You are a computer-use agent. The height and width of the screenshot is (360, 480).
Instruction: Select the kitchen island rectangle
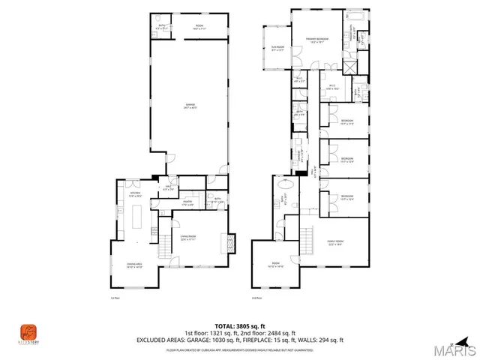click(137, 217)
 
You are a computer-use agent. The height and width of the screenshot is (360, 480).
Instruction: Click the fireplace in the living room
click(232, 244)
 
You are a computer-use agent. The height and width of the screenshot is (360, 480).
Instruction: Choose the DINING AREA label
click(134, 265)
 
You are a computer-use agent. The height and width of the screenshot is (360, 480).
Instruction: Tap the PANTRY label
click(188, 203)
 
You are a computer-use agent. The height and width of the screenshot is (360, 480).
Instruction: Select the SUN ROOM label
click(277, 49)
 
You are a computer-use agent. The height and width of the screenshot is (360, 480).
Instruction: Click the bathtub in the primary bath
click(353, 16)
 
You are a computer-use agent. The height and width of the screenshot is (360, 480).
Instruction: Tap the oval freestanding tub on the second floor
click(286, 185)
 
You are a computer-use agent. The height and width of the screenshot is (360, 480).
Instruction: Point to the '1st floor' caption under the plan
click(115, 298)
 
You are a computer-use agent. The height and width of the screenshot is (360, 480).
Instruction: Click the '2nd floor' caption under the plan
click(256, 298)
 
